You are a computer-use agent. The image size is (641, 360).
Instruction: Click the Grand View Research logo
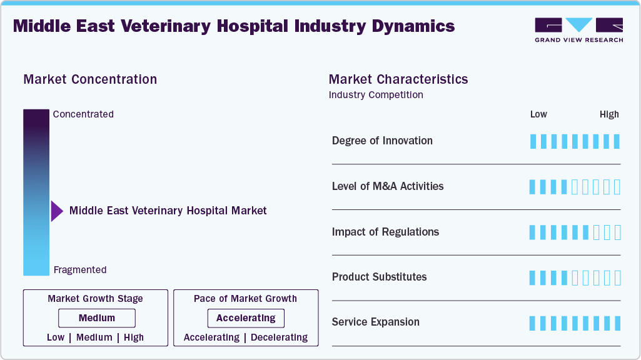pos(578,29)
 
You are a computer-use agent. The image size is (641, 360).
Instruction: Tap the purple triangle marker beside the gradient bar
pos(56,211)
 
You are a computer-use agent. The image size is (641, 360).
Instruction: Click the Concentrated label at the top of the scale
pos(83,114)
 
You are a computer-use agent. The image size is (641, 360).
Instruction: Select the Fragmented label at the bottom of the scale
pos(80,270)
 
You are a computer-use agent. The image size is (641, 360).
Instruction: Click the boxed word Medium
pos(97,318)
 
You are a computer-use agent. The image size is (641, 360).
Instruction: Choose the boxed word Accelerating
pos(246,318)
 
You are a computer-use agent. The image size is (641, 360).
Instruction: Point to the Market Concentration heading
pos(90,79)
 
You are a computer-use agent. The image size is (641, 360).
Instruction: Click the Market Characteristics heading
pos(398,79)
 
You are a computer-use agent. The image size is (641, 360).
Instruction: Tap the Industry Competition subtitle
pos(376,95)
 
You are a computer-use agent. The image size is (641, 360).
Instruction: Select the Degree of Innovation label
pos(382,141)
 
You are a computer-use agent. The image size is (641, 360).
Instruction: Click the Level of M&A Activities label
pos(388,186)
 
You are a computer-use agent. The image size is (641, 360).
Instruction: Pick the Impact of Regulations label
pos(385,232)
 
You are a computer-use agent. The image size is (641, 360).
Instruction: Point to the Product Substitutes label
pos(379,277)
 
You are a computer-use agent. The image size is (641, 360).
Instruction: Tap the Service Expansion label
pos(375,322)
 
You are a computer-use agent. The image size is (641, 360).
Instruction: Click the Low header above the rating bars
pos(538,114)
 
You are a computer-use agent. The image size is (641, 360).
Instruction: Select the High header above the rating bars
pos(609,114)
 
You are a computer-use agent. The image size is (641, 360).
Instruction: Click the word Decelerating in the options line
pos(279,337)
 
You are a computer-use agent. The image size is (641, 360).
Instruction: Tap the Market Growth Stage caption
pos(95,299)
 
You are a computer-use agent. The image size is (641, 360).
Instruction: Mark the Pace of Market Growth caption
pos(245,299)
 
